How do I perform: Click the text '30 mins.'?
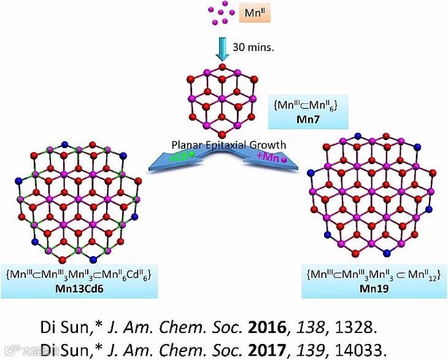tap(251, 47)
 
